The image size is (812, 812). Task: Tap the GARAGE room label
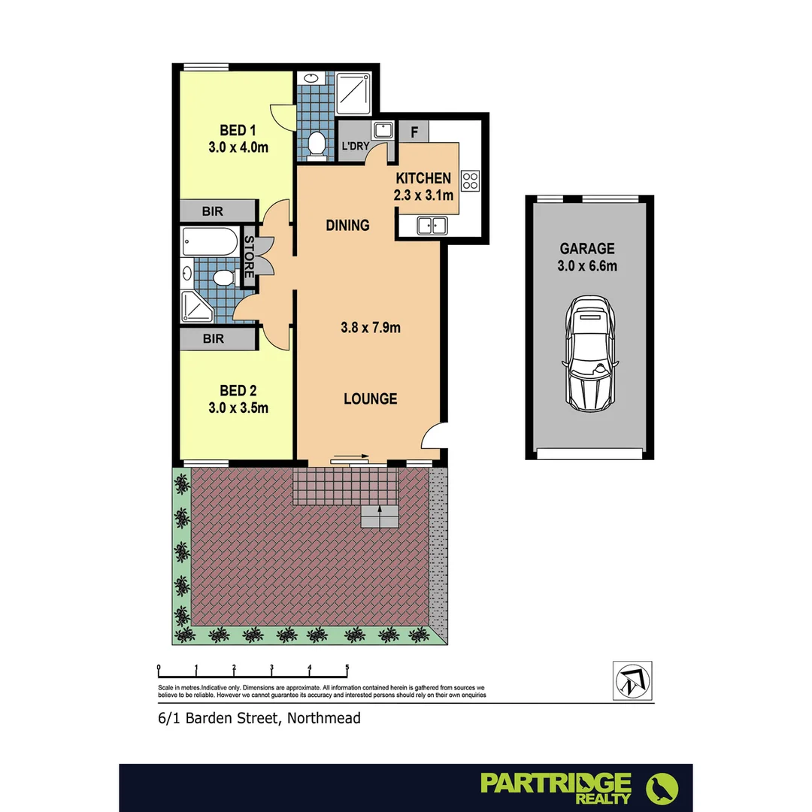(x=587, y=249)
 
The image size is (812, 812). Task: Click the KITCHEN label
(x=423, y=178)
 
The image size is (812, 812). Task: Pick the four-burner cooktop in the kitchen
(x=471, y=180)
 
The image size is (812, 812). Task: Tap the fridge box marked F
(x=414, y=132)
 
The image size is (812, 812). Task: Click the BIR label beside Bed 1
(x=213, y=211)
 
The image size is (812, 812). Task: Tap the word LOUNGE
(x=370, y=398)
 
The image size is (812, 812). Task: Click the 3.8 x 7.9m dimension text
(x=370, y=327)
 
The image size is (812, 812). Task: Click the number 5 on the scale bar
(x=347, y=667)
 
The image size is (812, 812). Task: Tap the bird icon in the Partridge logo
(x=662, y=788)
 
